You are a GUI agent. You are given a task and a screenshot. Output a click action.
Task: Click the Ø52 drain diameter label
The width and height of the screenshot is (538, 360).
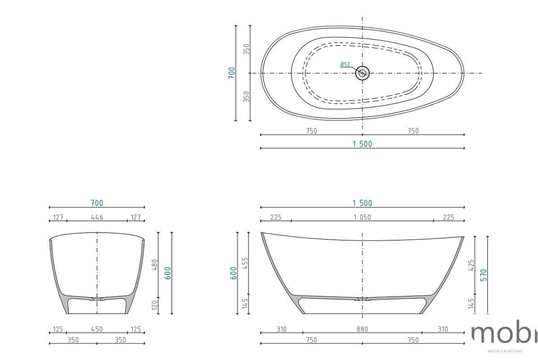(x=345, y=65)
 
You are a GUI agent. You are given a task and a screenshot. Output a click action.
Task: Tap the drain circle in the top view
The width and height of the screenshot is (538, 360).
(x=362, y=73)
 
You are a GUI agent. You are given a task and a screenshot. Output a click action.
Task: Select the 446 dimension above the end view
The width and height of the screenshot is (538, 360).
(x=97, y=217)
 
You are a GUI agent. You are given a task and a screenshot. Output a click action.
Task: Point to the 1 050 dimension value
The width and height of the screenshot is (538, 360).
(x=362, y=217)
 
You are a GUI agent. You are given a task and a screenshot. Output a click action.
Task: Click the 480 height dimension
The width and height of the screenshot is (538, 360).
(x=155, y=265)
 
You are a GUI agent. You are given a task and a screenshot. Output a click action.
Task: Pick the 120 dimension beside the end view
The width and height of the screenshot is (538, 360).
(x=155, y=305)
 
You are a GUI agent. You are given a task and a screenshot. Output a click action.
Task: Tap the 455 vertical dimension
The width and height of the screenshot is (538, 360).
(x=245, y=263)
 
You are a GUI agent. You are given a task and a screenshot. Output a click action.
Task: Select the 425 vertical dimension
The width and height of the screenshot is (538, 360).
(x=471, y=265)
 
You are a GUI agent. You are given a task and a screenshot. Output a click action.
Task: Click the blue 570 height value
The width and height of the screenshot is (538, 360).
(x=483, y=275)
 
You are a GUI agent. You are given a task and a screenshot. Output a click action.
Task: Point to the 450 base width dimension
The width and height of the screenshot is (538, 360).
(x=97, y=329)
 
